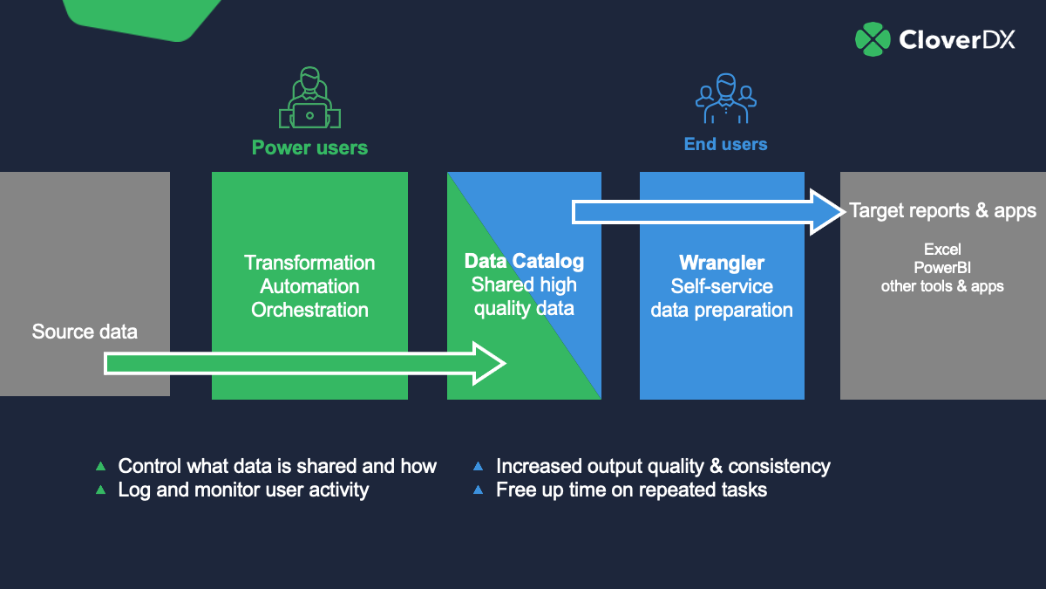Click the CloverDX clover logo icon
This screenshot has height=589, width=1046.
pyautogui.click(x=873, y=39)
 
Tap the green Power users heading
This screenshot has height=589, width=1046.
pyautogui.click(x=309, y=147)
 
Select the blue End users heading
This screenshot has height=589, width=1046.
pyautogui.click(x=725, y=144)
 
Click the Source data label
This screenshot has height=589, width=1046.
pyautogui.click(x=85, y=332)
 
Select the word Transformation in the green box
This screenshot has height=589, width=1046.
pyautogui.click(x=309, y=263)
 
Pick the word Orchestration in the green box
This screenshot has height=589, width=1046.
pyautogui.click(x=309, y=310)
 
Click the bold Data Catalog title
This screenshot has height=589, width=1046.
pyautogui.click(x=524, y=262)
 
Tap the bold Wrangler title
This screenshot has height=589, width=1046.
pyautogui.click(x=722, y=263)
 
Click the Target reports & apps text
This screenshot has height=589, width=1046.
pyautogui.click(x=942, y=210)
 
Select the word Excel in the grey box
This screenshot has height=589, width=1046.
pyautogui.click(x=942, y=250)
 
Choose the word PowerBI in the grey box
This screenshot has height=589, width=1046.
pyautogui.click(x=942, y=268)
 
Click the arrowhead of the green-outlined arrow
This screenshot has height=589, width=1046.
pyautogui.click(x=489, y=363)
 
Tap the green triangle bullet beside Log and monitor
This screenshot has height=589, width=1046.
pyautogui.click(x=100, y=490)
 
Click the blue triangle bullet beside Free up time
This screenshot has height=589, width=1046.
pyautogui.click(x=478, y=490)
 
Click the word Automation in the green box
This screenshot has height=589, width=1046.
pyautogui.click(x=309, y=286)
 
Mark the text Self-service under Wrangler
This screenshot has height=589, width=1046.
pyautogui.click(x=722, y=286)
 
